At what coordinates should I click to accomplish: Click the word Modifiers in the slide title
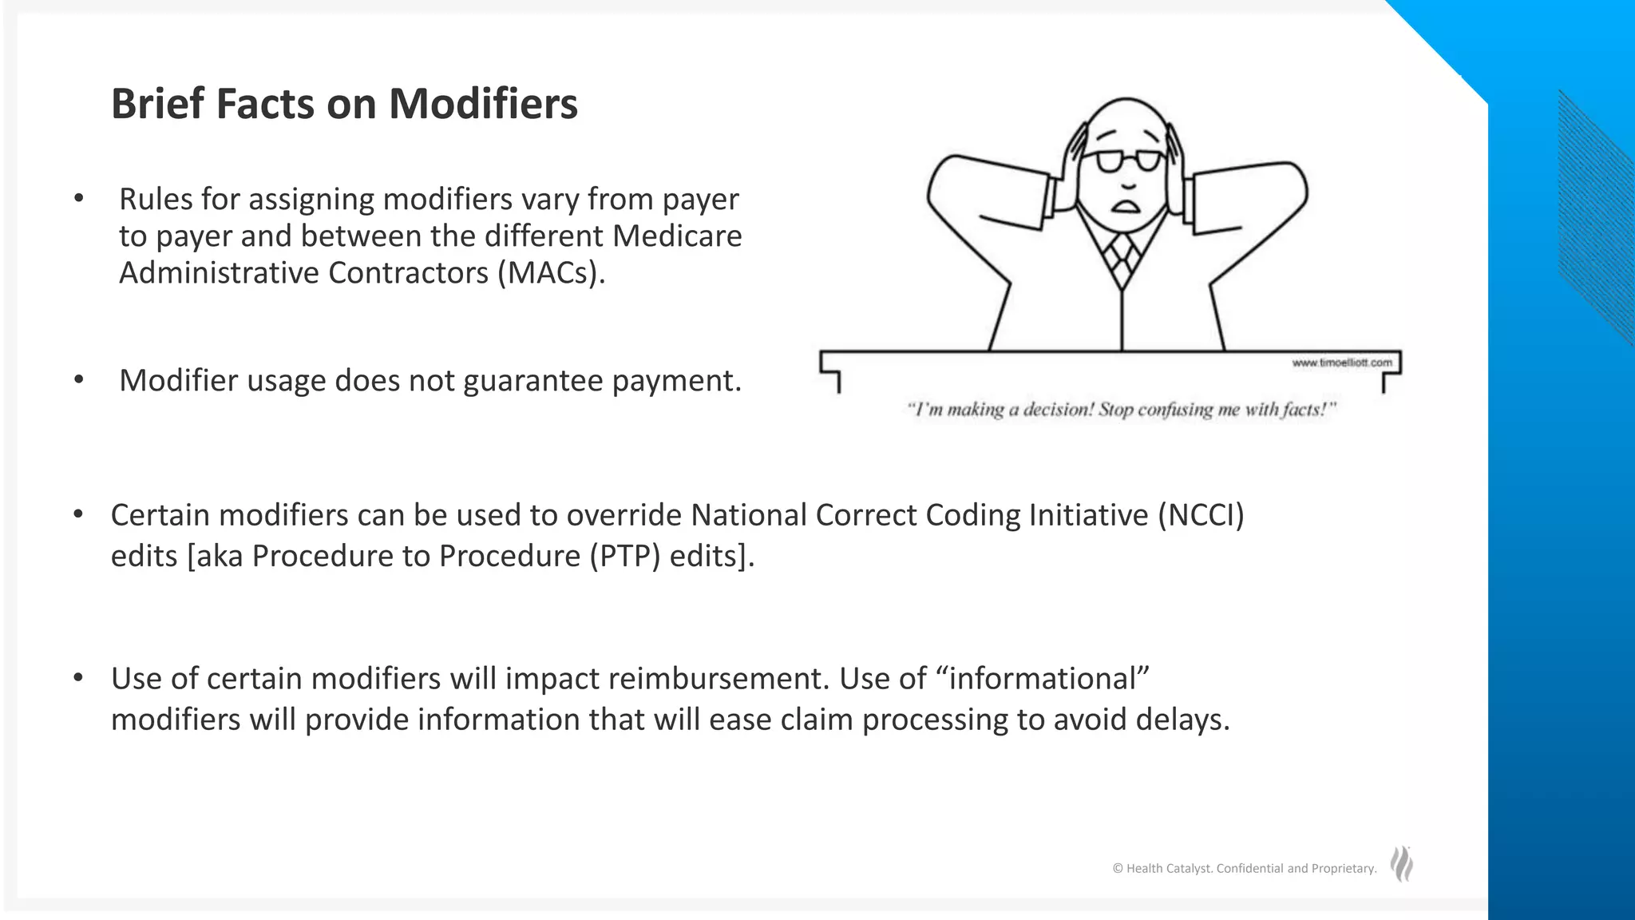483,104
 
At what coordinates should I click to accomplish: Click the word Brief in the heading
156,104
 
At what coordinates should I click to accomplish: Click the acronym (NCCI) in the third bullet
1201,515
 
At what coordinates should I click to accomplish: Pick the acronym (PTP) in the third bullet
625,556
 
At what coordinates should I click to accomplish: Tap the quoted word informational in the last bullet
1043,679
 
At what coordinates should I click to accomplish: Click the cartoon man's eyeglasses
1128,161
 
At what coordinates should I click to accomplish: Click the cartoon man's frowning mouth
1126,206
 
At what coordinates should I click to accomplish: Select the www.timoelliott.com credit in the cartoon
1341,363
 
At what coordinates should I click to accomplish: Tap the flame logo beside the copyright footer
1402,864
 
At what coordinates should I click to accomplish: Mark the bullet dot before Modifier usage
78,380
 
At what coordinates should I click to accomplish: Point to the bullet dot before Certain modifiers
78,515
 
